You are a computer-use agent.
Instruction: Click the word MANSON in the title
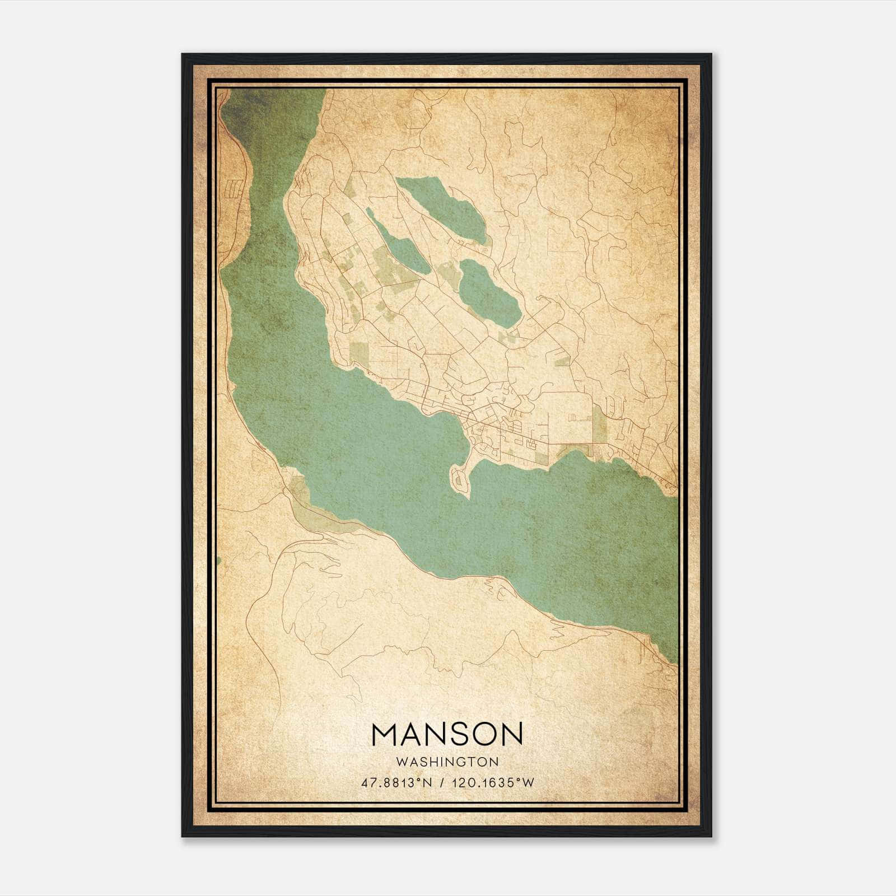pos(447,734)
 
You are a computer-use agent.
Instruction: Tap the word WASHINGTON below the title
pos(447,762)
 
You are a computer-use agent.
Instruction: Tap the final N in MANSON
pos(511,734)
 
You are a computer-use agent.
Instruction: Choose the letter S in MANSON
pos(448,734)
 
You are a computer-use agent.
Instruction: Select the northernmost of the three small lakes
pos(442,207)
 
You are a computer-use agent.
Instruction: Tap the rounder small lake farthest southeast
pos(487,291)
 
